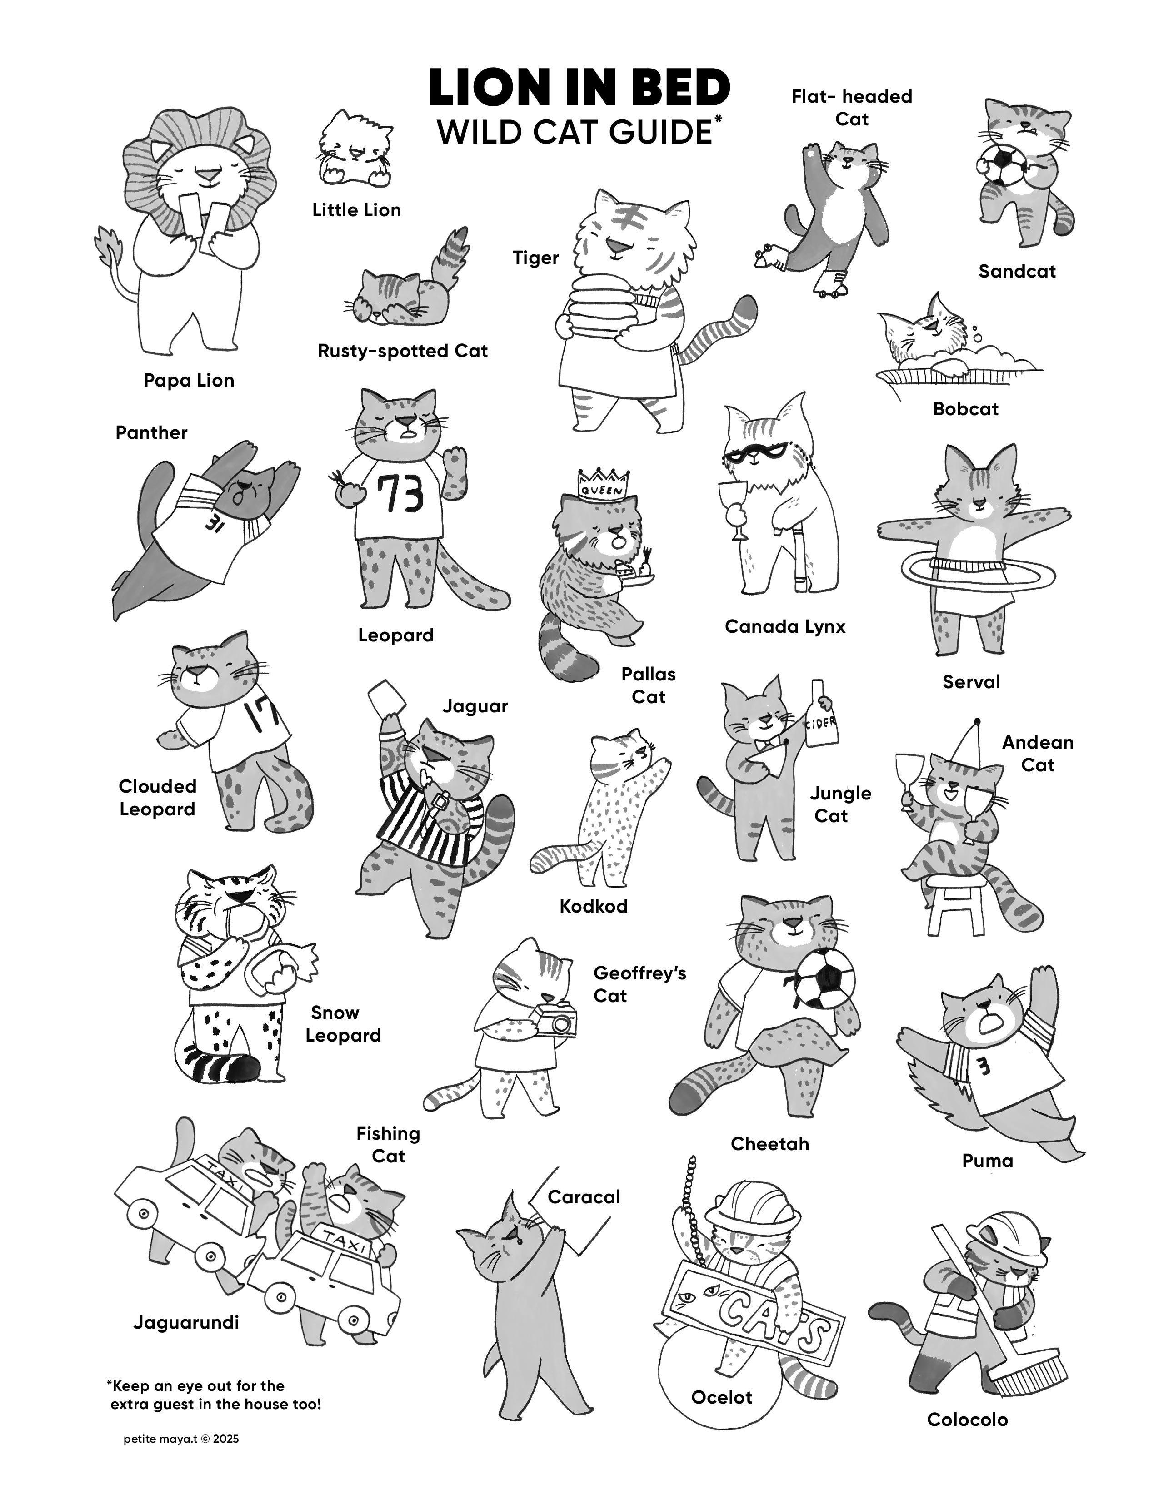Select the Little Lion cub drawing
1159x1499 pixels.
(355, 148)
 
